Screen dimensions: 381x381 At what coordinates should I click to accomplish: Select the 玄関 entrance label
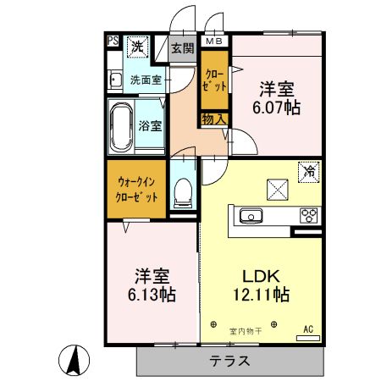click(182, 48)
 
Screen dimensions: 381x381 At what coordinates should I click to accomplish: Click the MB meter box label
click(214, 40)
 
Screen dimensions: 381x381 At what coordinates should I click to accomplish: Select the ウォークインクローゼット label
click(136, 188)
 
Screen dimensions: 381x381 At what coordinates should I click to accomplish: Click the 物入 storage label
click(214, 119)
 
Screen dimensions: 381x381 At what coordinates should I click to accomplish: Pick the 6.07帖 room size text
click(276, 108)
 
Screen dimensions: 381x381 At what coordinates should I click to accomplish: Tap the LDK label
click(261, 275)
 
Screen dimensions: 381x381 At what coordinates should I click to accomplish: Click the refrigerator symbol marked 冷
click(310, 170)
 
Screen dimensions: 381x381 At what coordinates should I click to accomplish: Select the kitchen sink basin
click(251, 217)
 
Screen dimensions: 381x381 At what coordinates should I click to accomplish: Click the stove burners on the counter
click(307, 215)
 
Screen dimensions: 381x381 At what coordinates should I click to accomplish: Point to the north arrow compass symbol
click(75, 362)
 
